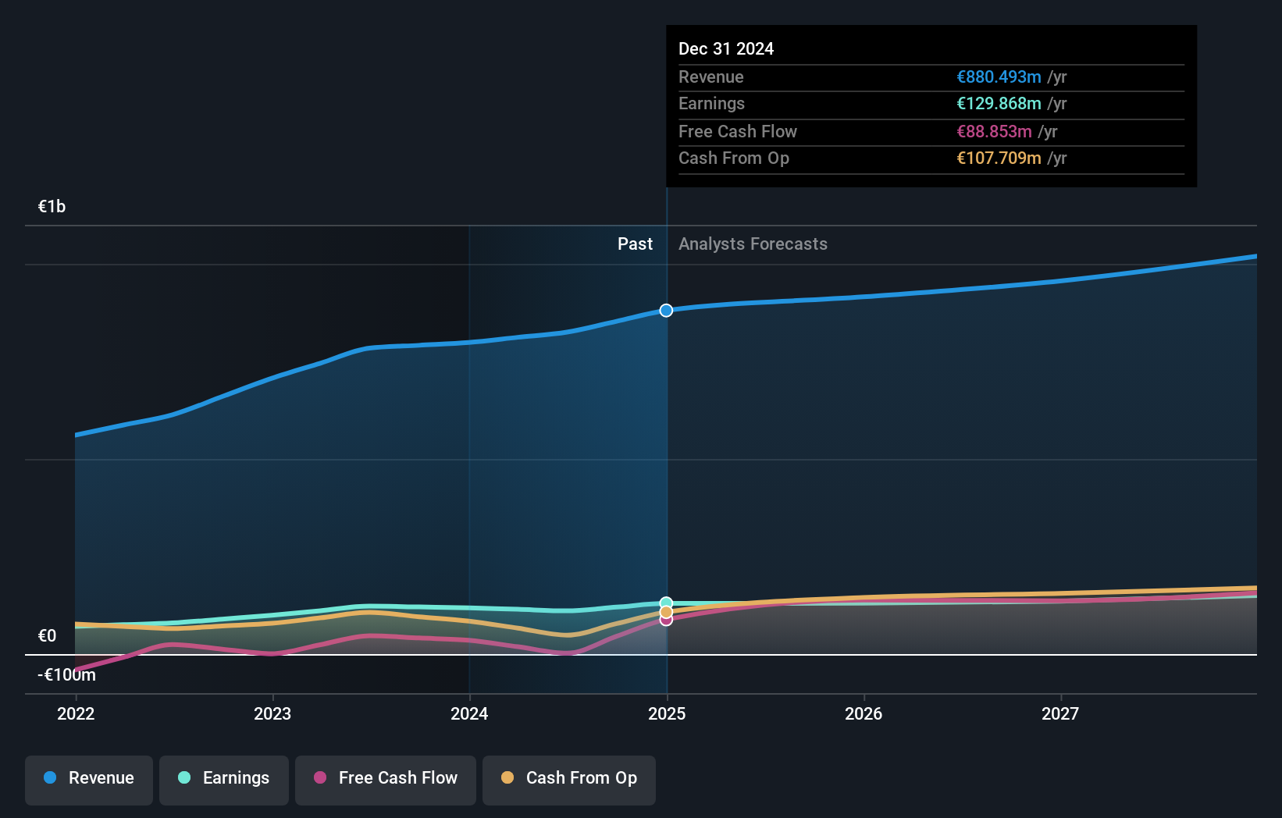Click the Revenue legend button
(x=89, y=779)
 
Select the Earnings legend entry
(x=224, y=779)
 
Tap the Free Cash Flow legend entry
(x=386, y=779)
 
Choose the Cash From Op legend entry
(x=569, y=779)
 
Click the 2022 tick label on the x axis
(x=76, y=713)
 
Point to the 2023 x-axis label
(x=272, y=713)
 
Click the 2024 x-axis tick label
(x=469, y=713)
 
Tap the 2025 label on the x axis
(x=667, y=713)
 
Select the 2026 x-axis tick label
(x=864, y=713)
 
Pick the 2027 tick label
(x=1060, y=713)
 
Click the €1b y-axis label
(x=52, y=207)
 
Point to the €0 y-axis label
(x=47, y=636)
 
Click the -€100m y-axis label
(x=66, y=675)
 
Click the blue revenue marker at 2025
(x=666, y=311)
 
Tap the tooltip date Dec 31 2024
(x=726, y=48)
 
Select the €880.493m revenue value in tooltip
(x=999, y=76)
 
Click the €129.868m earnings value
(x=999, y=104)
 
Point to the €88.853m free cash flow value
(x=994, y=131)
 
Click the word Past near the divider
(x=635, y=244)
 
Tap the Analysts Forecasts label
(x=753, y=244)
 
